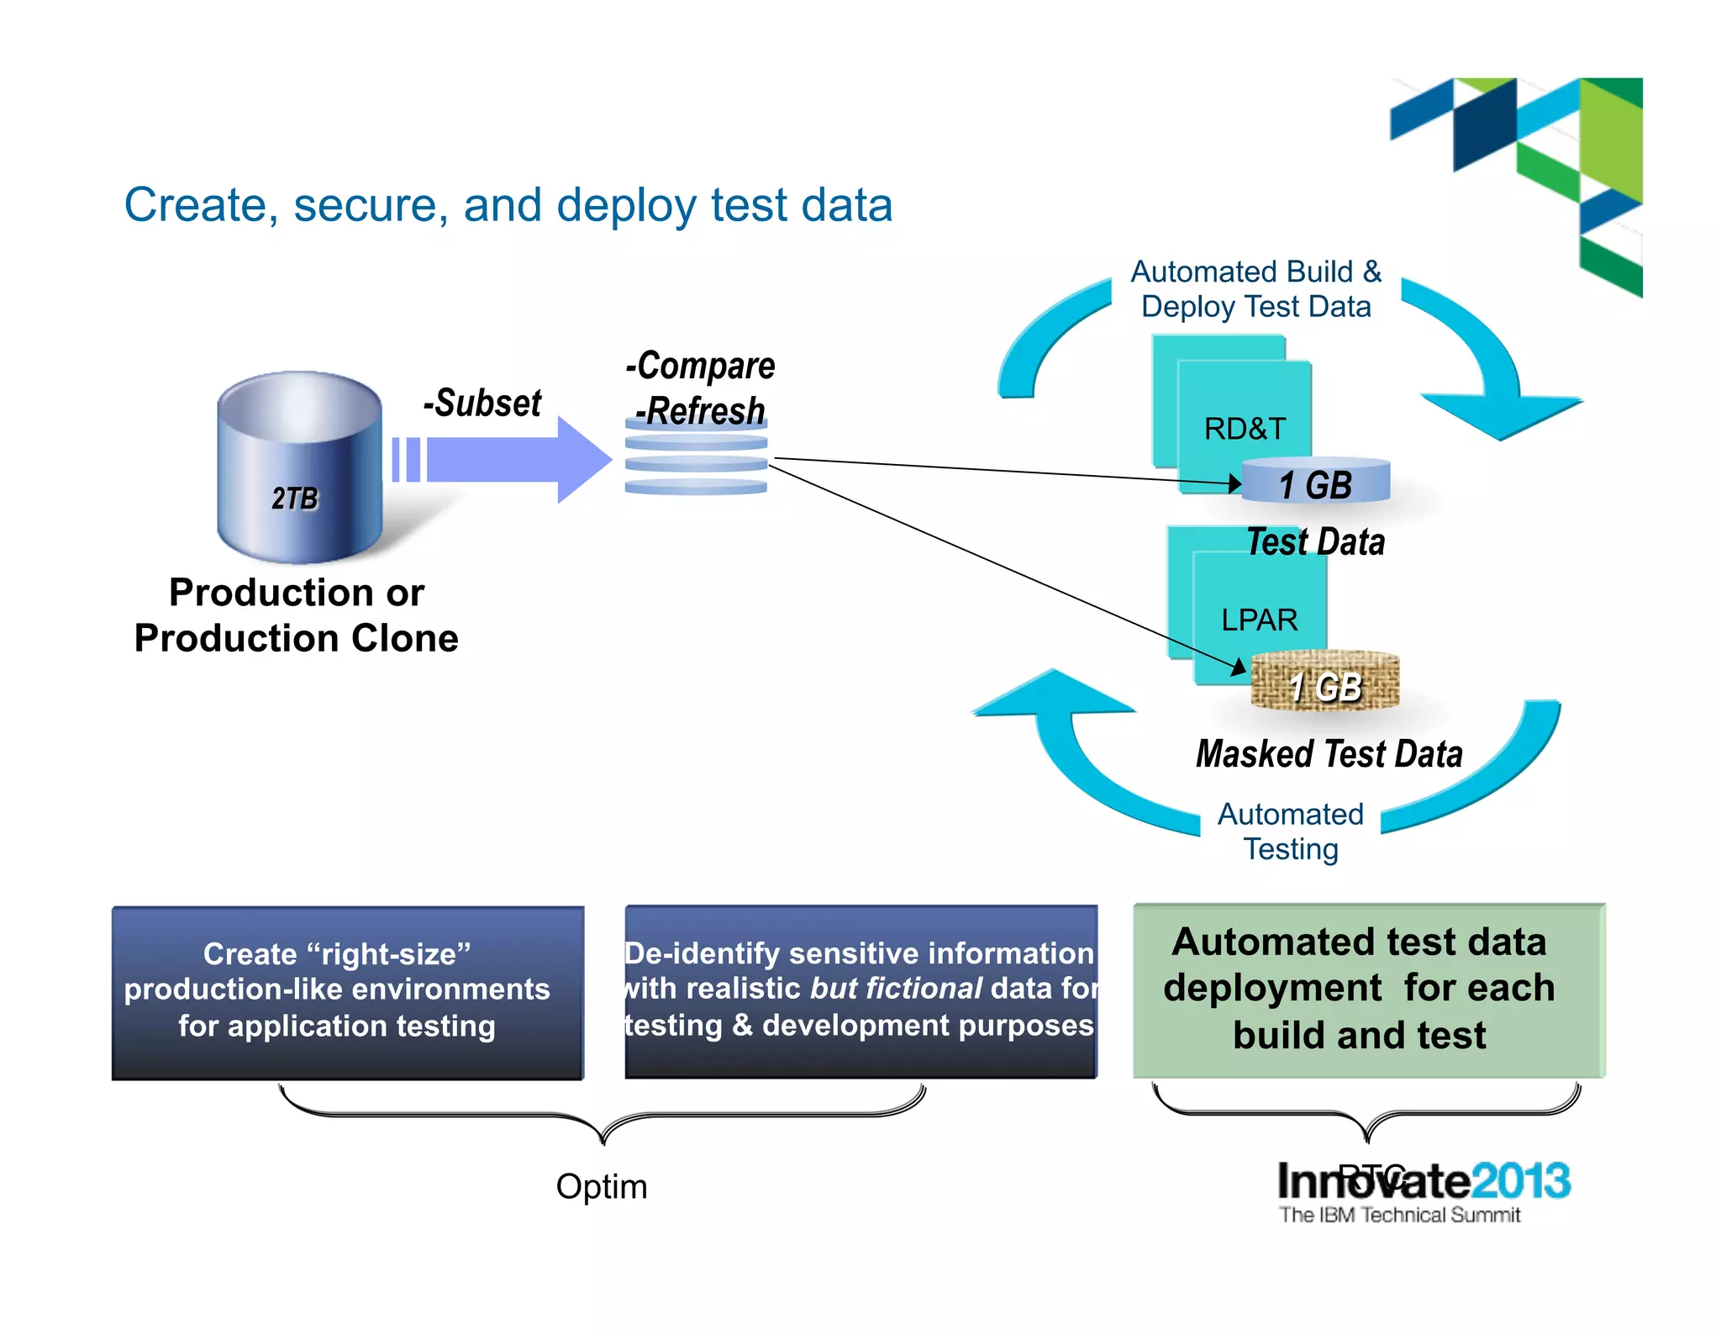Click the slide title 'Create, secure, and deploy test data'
[508, 205]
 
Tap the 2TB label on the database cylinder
[295, 499]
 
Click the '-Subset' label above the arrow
[482, 404]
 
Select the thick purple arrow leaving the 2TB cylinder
[504, 460]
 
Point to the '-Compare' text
[700, 366]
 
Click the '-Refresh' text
[700, 411]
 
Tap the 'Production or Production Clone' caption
[297, 615]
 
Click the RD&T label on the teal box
[1245, 429]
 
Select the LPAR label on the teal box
[1259, 620]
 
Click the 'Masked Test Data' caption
[1329, 754]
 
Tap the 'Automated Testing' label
[1291, 831]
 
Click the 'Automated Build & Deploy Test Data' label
[1255, 289]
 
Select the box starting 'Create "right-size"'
[348, 992]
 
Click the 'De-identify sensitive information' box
[860, 990]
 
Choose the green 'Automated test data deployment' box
[1368, 990]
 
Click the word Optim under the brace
[602, 1186]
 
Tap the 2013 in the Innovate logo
[1521, 1181]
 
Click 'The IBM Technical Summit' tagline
[1399, 1215]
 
